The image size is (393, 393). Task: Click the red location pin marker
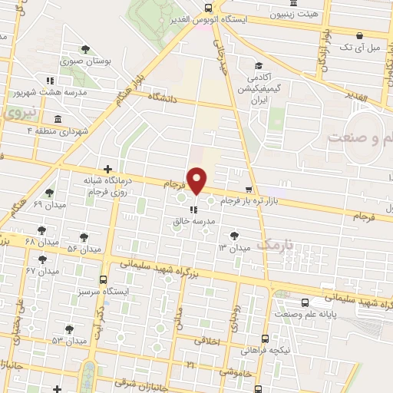click(197, 180)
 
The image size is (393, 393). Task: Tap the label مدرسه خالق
click(194, 221)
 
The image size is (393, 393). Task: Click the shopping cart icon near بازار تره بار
click(247, 189)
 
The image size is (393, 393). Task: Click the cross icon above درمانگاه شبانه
click(108, 168)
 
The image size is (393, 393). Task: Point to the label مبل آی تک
click(359, 47)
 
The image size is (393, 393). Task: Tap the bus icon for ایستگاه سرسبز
click(104, 280)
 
